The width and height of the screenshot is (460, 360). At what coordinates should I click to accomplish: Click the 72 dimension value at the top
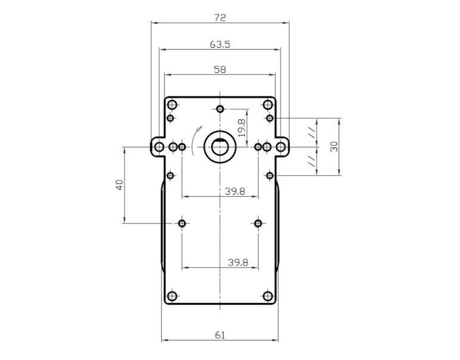pyautogui.click(x=220, y=18)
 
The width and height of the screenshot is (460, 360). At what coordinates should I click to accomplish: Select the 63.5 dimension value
pyautogui.click(x=220, y=44)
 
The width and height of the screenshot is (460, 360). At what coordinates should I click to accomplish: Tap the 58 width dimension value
pyautogui.click(x=220, y=70)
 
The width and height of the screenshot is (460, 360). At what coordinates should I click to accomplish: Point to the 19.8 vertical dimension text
pyautogui.click(x=241, y=128)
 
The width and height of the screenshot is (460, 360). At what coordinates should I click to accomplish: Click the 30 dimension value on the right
pyautogui.click(x=335, y=146)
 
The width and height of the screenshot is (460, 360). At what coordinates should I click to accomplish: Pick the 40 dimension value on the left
pyautogui.click(x=120, y=185)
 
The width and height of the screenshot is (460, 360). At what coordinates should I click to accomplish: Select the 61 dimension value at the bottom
pyautogui.click(x=220, y=336)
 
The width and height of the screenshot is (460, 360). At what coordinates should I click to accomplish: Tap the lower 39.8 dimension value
pyautogui.click(x=237, y=262)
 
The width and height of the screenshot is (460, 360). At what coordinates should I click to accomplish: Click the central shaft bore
pyautogui.click(x=220, y=146)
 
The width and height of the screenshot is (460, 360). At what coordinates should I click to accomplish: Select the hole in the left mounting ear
pyautogui.click(x=159, y=147)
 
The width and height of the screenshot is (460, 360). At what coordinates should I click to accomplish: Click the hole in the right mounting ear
pyautogui.click(x=280, y=147)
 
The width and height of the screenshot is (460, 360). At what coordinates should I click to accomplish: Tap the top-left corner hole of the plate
pyautogui.click(x=173, y=105)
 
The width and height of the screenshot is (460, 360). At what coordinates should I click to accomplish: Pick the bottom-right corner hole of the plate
pyautogui.click(x=268, y=296)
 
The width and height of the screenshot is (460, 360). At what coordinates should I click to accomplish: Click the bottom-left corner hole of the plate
pyautogui.click(x=173, y=296)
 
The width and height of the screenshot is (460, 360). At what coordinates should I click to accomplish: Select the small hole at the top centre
pyautogui.click(x=220, y=109)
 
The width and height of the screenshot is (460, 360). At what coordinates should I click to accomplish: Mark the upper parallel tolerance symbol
pyautogui.click(x=311, y=132)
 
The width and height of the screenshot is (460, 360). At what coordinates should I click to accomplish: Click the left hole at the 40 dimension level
pyautogui.click(x=182, y=224)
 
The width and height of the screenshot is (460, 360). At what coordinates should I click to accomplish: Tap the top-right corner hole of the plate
pyautogui.click(x=268, y=105)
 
